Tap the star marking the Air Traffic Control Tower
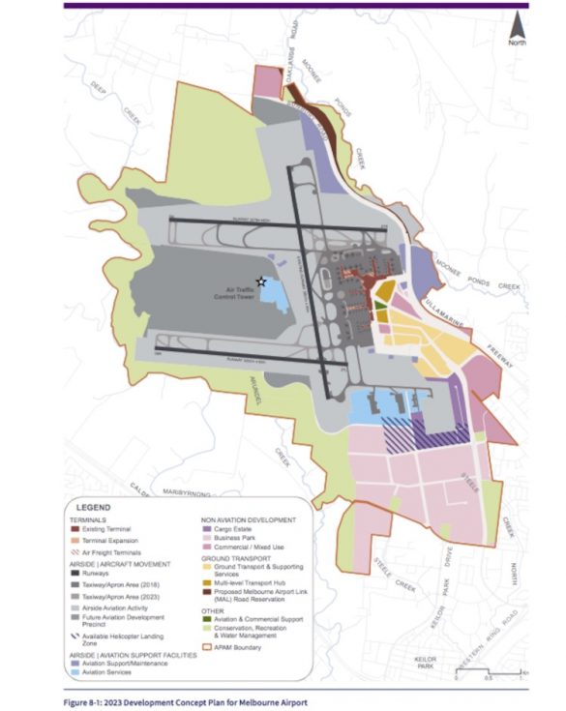point(260,281)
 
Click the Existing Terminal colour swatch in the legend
point(74,528)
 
